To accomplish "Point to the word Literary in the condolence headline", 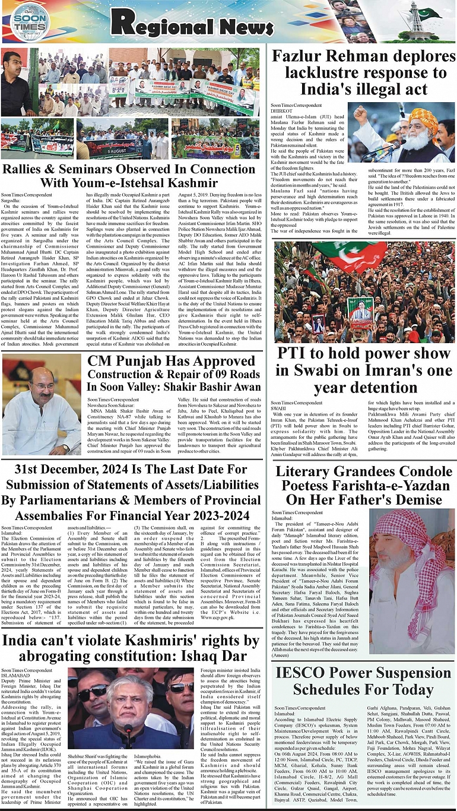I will click(x=309, y=473).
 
